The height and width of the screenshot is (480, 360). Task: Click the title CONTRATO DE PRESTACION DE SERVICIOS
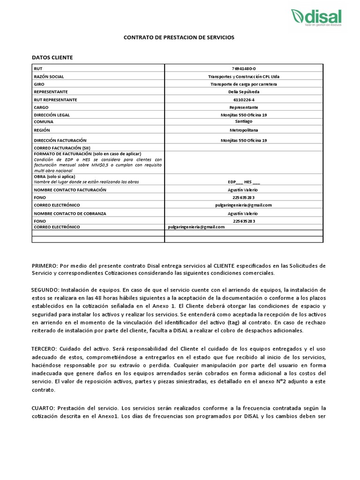click(x=178, y=37)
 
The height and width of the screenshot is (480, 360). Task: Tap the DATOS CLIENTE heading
click(x=52, y=57)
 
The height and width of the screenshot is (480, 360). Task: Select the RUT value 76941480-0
click(x=244, y=68)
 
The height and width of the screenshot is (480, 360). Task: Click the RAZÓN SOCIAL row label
click(x=49, y=76)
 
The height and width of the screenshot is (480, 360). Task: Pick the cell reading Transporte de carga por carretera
click(x=244, y=84)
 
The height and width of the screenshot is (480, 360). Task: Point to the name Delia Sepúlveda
click(x=244, y=92)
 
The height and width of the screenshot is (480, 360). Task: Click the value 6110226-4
click(x=244, y=100)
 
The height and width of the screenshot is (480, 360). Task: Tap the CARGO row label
click(x=42, y=107)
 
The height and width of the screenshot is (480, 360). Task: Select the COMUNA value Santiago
click(x=244, y=121)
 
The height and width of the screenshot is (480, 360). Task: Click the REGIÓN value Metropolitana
click(x=244, y=130)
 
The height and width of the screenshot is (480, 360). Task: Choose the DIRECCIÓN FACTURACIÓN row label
click(x=60, y=140)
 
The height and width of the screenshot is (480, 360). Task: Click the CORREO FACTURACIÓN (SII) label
click(x=61, y=148)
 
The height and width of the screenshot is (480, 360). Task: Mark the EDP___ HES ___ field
click(x=244, y=181)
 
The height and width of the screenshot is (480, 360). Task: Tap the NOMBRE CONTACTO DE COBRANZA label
click(x=70, y=213)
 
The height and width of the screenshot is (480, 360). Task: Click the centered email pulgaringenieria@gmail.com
click(x=244, y=205)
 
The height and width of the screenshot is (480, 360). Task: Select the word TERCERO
click(x=45, y=349)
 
